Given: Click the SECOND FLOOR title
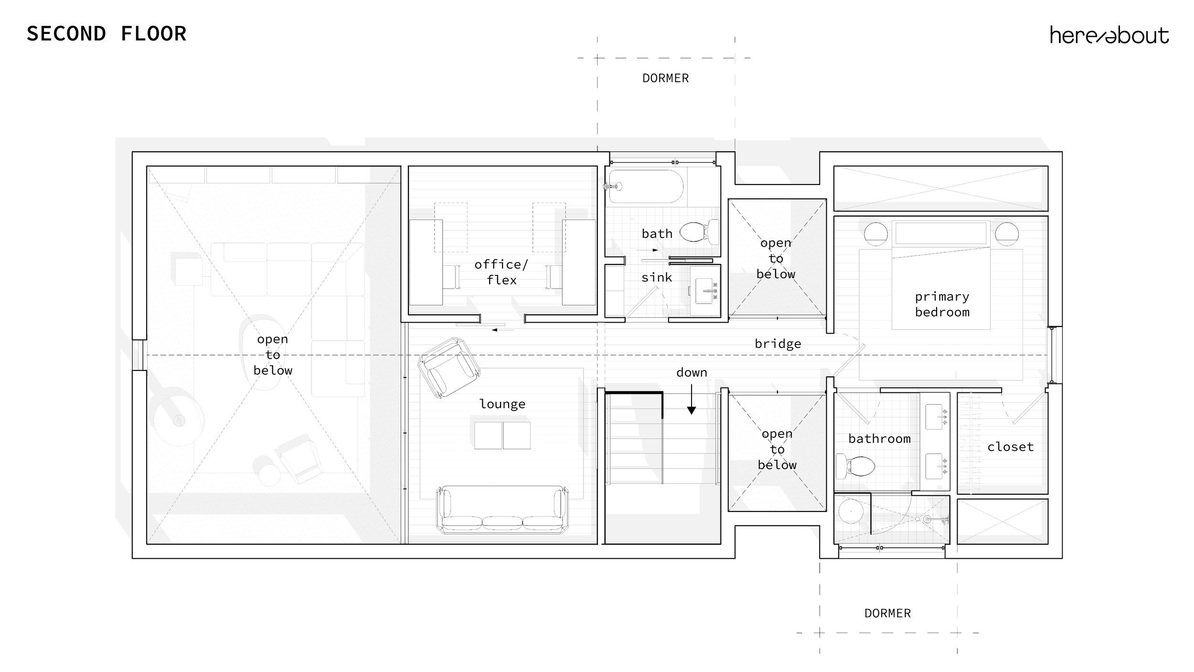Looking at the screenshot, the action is [107, 34].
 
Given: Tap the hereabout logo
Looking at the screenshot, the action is [1109, 35].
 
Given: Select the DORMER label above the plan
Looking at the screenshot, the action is [665, 78].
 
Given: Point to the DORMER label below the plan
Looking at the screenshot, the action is [887, 613].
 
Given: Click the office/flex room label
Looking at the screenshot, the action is [501, 272].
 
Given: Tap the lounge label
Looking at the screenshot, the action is [502, 404].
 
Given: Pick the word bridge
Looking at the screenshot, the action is [778, 344].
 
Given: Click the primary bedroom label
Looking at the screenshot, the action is [942, 304].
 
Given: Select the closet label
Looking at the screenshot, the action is [1011, 447].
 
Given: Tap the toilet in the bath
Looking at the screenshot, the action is [700, 232].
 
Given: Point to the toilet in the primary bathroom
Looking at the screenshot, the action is [855, 465].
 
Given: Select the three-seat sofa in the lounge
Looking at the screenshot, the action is [502, 509].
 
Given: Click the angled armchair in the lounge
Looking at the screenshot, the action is [449, 367].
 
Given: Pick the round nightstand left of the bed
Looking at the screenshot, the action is [876, 234].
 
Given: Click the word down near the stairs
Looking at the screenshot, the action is [692, 372].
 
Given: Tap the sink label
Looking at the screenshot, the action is [657, 277].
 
